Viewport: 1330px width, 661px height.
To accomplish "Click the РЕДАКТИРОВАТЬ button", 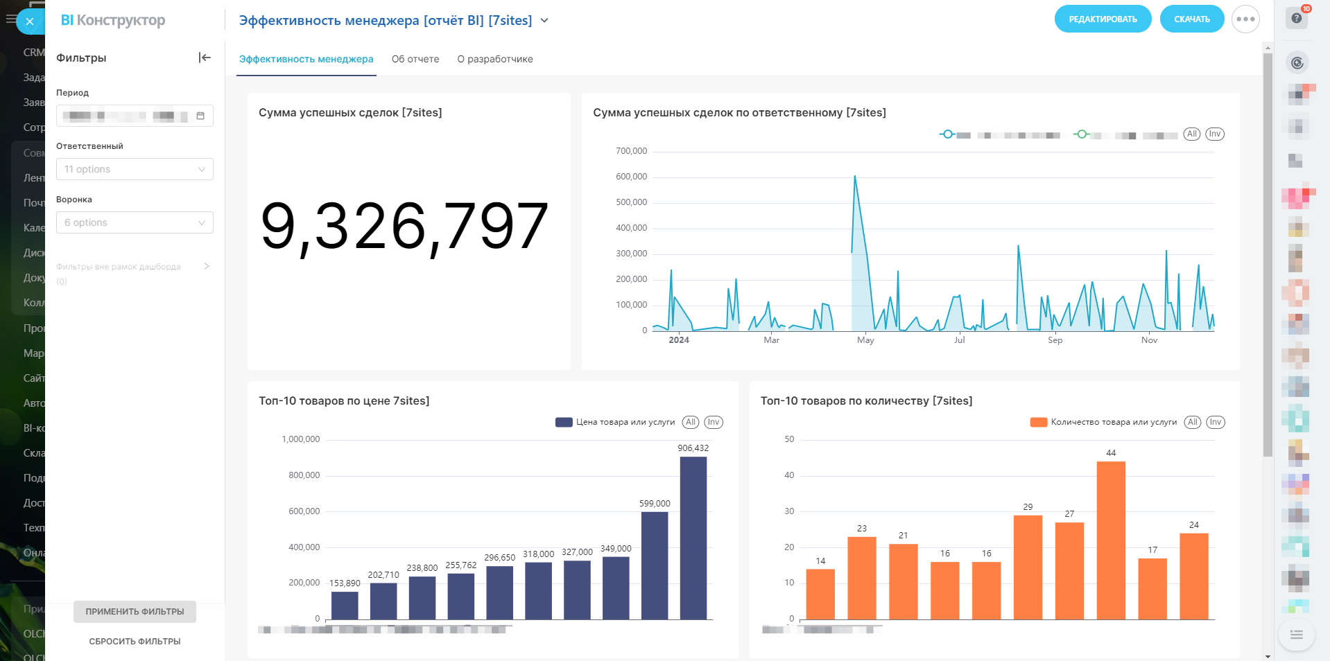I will [1103, 19].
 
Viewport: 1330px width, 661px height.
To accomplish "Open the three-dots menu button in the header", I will [1245, 19].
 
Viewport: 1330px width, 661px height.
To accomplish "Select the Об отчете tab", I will [415, 59].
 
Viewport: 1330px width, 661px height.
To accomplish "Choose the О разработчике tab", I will [495, 59].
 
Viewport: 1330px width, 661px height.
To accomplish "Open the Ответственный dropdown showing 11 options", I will [135, 169].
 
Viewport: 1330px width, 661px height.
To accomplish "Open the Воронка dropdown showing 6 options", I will [135, 222].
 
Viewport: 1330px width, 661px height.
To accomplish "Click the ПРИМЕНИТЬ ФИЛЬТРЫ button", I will [135, 612].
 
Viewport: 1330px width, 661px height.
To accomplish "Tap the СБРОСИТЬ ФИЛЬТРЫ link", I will [135, 642].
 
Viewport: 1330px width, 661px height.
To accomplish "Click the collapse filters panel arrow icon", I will [205, 58].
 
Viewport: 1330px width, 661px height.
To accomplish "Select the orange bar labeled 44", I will [1111, 540].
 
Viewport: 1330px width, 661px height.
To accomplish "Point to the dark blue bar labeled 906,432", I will [693, 538].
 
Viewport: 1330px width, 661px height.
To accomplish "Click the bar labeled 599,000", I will [655, 565].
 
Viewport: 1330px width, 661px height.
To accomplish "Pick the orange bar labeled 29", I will [1028, 567].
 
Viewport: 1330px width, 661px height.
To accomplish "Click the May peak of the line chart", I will [855, 177].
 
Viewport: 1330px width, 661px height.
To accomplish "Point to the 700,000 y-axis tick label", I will [631, 151].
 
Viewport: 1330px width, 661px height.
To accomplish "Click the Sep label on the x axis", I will [1055, 340].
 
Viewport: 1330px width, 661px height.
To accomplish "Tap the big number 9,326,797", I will [404, 227].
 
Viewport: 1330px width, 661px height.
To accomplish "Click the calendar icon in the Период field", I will [200, 116].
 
